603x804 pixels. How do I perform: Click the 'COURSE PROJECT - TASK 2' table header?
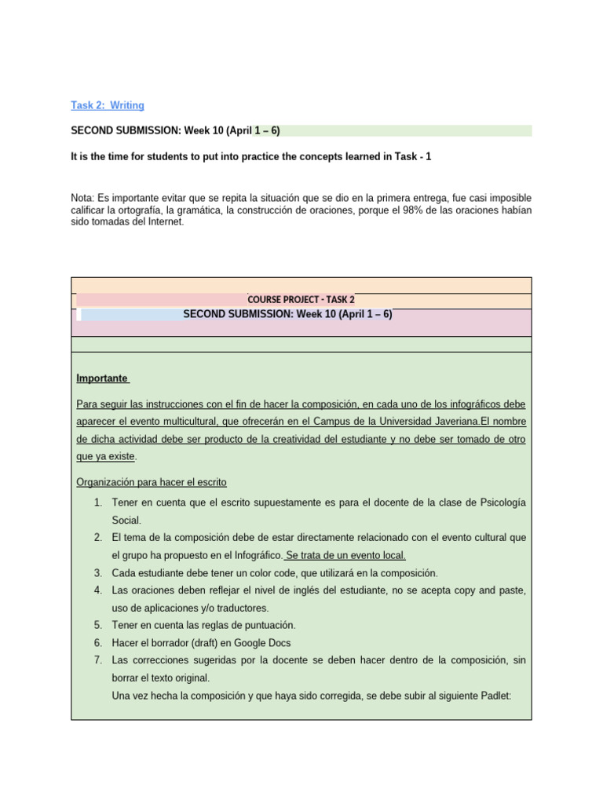[301, 300]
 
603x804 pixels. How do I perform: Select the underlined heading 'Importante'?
[102, 378]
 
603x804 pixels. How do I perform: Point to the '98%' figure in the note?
[412, 210]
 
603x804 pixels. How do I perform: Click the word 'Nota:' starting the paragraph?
[82, 198]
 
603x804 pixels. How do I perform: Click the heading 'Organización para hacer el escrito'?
[152, 482]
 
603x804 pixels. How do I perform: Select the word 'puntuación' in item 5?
[269, 625]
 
